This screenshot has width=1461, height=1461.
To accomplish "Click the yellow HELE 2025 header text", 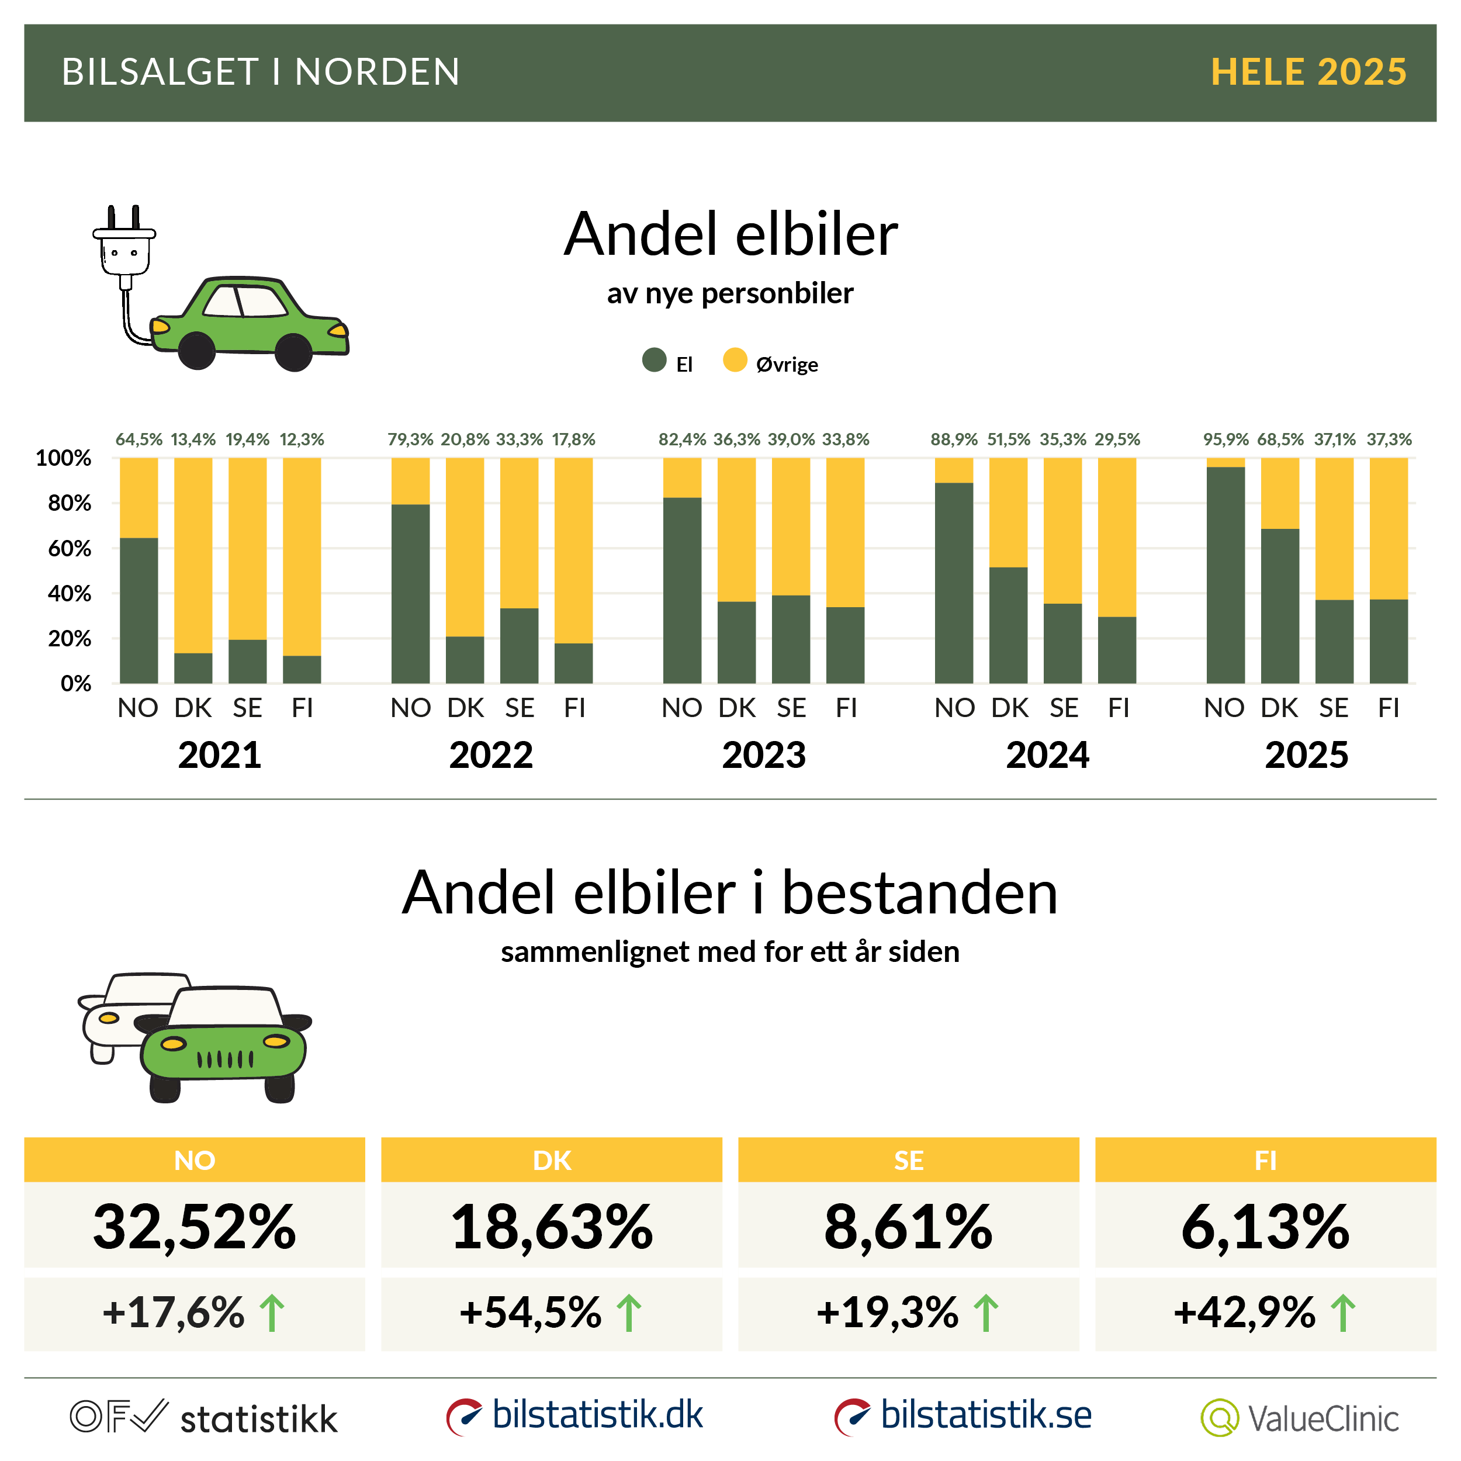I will [1308, 72].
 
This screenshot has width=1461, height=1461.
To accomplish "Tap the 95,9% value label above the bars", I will [1225, 439].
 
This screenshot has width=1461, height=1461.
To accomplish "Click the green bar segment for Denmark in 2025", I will [1279, 605].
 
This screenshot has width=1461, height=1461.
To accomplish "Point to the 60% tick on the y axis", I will [70, 548].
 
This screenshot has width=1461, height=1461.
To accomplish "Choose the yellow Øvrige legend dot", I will [734, 360].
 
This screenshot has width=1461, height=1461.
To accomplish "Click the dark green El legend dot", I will [654, 360].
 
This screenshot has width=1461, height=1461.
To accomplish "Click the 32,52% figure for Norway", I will [195, 1227].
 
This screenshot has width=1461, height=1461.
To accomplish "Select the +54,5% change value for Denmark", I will [530, 1313].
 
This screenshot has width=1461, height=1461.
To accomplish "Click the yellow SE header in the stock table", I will [908, 1160].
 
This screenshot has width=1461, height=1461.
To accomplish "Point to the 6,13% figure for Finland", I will [1265, 1227].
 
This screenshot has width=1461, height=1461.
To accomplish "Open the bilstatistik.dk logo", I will [574, 1415].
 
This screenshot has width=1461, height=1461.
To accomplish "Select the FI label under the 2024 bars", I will [1118, 708].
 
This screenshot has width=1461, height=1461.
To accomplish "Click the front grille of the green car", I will [224, 1060].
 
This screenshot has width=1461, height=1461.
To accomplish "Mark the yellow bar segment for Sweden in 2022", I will [520, 533].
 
